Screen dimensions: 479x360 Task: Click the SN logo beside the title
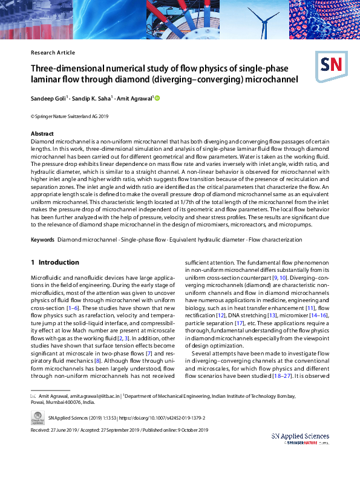pos(329,64)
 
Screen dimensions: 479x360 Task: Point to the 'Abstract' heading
pos(42,133)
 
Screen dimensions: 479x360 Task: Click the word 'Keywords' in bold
pos(42,240)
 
